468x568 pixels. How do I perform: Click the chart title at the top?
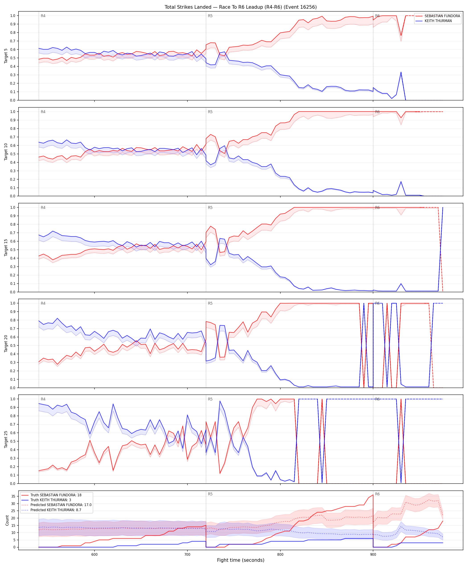[x=240, y=7]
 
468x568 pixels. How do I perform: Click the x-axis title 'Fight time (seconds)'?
[x=240, y=560]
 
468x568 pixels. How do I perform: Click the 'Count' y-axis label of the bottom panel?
[x=7, y=520]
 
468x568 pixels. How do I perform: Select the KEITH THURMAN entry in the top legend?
[x=438, y=21]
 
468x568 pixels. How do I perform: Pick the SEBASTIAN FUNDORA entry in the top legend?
[x=438, y=16]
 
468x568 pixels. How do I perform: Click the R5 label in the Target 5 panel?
[x=210, y=16]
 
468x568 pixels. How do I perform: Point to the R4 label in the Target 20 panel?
[x=43, y=303]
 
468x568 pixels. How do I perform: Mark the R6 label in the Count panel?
[x=377, y=494]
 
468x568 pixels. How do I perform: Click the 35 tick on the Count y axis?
[x=13, y=496]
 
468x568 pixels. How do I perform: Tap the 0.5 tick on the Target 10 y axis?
[x=13, y=154]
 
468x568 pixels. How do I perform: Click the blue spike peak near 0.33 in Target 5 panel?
[x=401, y=72]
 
